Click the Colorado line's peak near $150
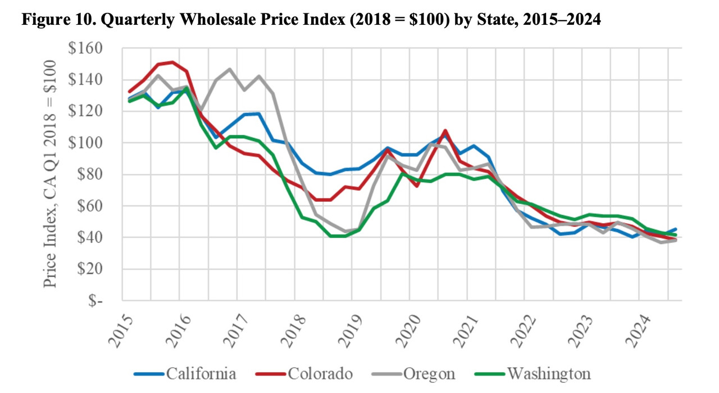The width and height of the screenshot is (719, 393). (x=172, y=62)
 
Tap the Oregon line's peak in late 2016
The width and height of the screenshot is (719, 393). (x=230, y=69)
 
